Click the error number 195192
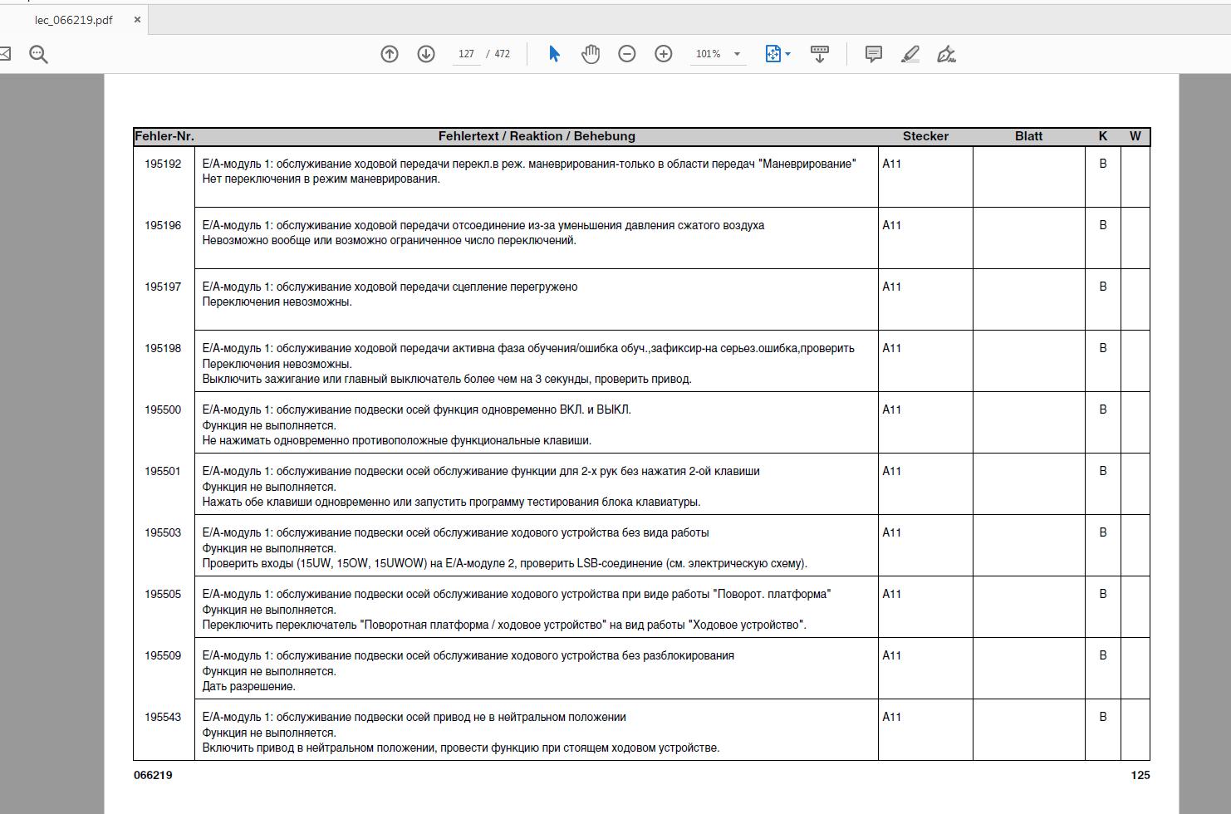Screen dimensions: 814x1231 tap(163, 164)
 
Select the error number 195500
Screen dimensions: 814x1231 tap(163, 410)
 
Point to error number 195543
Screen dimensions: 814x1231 tap(163, 718)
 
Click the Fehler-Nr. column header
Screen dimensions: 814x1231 tap(164, 136)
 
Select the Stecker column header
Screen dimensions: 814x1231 tap(925, 136)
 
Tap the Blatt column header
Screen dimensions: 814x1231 tap(1028, 136)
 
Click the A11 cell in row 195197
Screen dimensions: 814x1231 tap(891, 287)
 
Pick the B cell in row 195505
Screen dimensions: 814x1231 tap(1103, 595)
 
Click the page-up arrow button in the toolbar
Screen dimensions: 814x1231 tap(390, 54)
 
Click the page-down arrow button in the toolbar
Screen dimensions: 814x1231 tap(426, 54)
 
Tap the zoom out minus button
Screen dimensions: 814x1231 tap(627, 54)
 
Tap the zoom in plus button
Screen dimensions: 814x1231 tap(664, 54)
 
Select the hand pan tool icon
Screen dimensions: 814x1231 tap(591, 54)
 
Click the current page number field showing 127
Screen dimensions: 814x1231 tap(466, 54)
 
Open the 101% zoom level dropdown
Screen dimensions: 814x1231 tap(737, 54)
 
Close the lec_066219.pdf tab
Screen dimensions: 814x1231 tap(137, 20)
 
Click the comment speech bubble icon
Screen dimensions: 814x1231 tap(874, 54)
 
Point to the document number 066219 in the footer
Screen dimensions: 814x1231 tap(153, 776)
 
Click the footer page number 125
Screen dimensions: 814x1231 tap(1140, 776)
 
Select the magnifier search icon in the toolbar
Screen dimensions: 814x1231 tap(38, 55)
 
